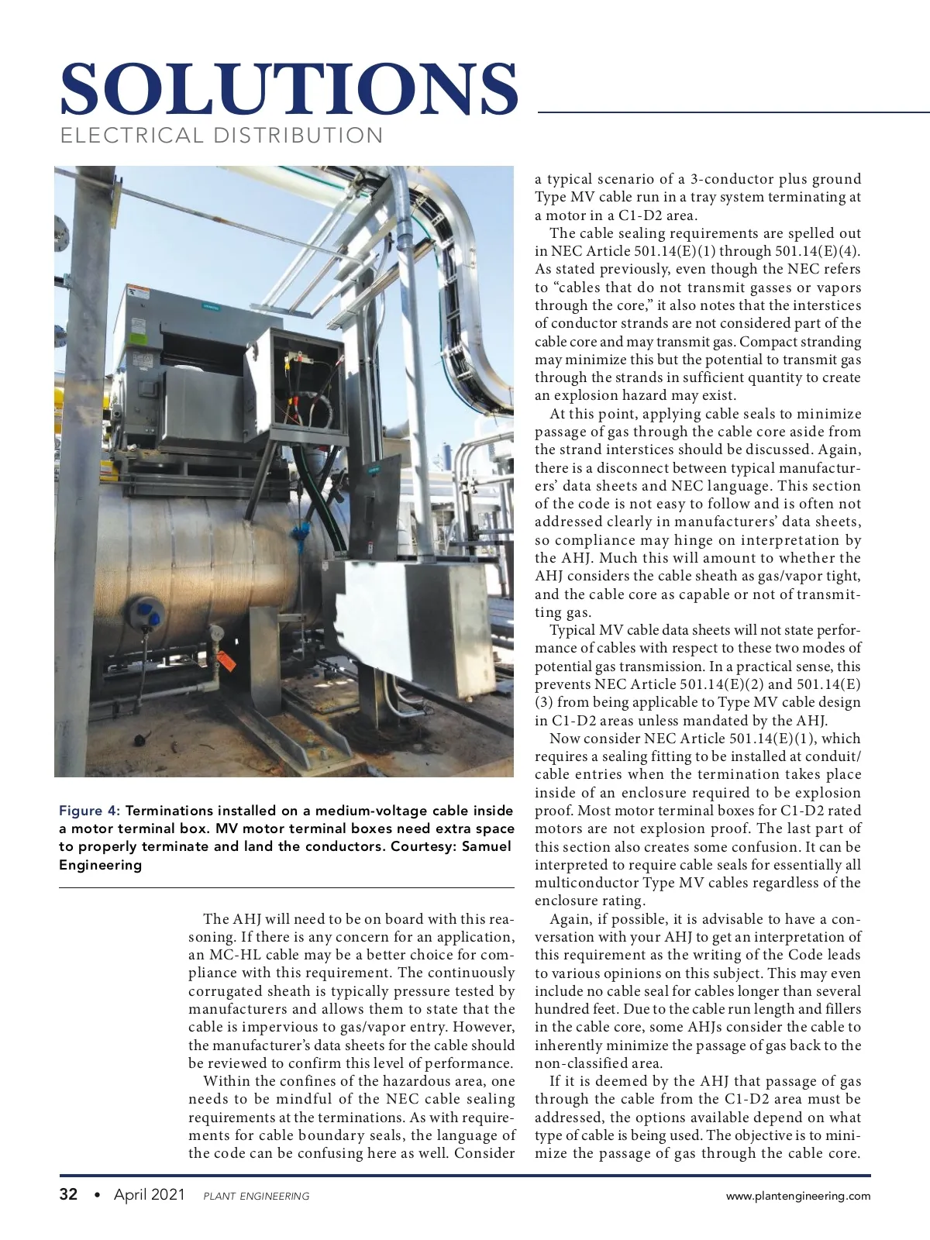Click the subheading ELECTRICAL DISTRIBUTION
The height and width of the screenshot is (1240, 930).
tap(222, 136)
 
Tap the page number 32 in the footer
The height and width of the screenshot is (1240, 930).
tap(69, 1194)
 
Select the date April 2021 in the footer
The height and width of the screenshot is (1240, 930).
tap(150, 1195)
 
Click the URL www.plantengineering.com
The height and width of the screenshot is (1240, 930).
tap(797, 1196)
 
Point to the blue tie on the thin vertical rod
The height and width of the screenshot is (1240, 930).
tap(297, 534)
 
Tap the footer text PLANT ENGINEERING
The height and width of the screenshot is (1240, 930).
tap(256, 1197)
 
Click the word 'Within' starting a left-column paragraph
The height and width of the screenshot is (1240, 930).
tap(225, 1081)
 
